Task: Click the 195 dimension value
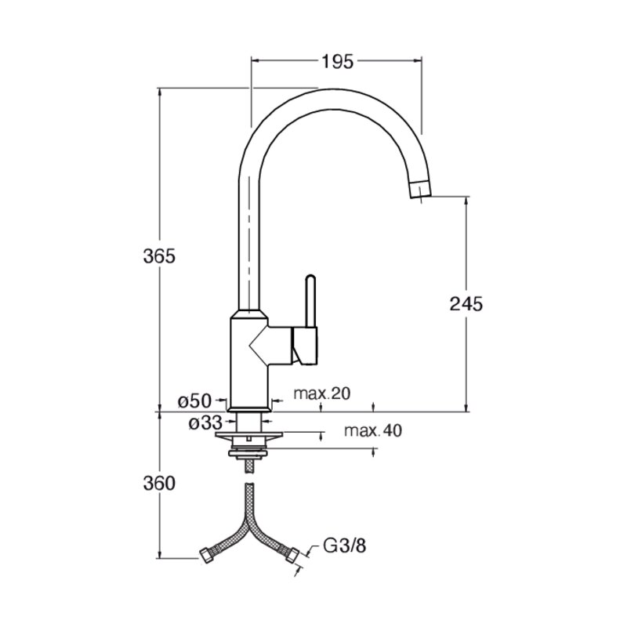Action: point(338,62)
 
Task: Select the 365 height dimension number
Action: point(159,256)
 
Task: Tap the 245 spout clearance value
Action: point(466,304)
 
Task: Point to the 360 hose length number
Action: point(159,484)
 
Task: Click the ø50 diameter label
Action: point(194,400)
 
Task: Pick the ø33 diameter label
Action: point(205,423)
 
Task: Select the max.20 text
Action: point(322,393)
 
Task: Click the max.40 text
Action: point(373,430)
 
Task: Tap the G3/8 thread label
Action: point(344,545)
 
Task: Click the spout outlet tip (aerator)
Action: point(420,189)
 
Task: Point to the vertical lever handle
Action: point(310,301)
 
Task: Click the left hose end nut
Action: point(206,555)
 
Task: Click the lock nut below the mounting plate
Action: point(248,453)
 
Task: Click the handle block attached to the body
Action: point(305,346)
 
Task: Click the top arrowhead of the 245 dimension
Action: point(466,201)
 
